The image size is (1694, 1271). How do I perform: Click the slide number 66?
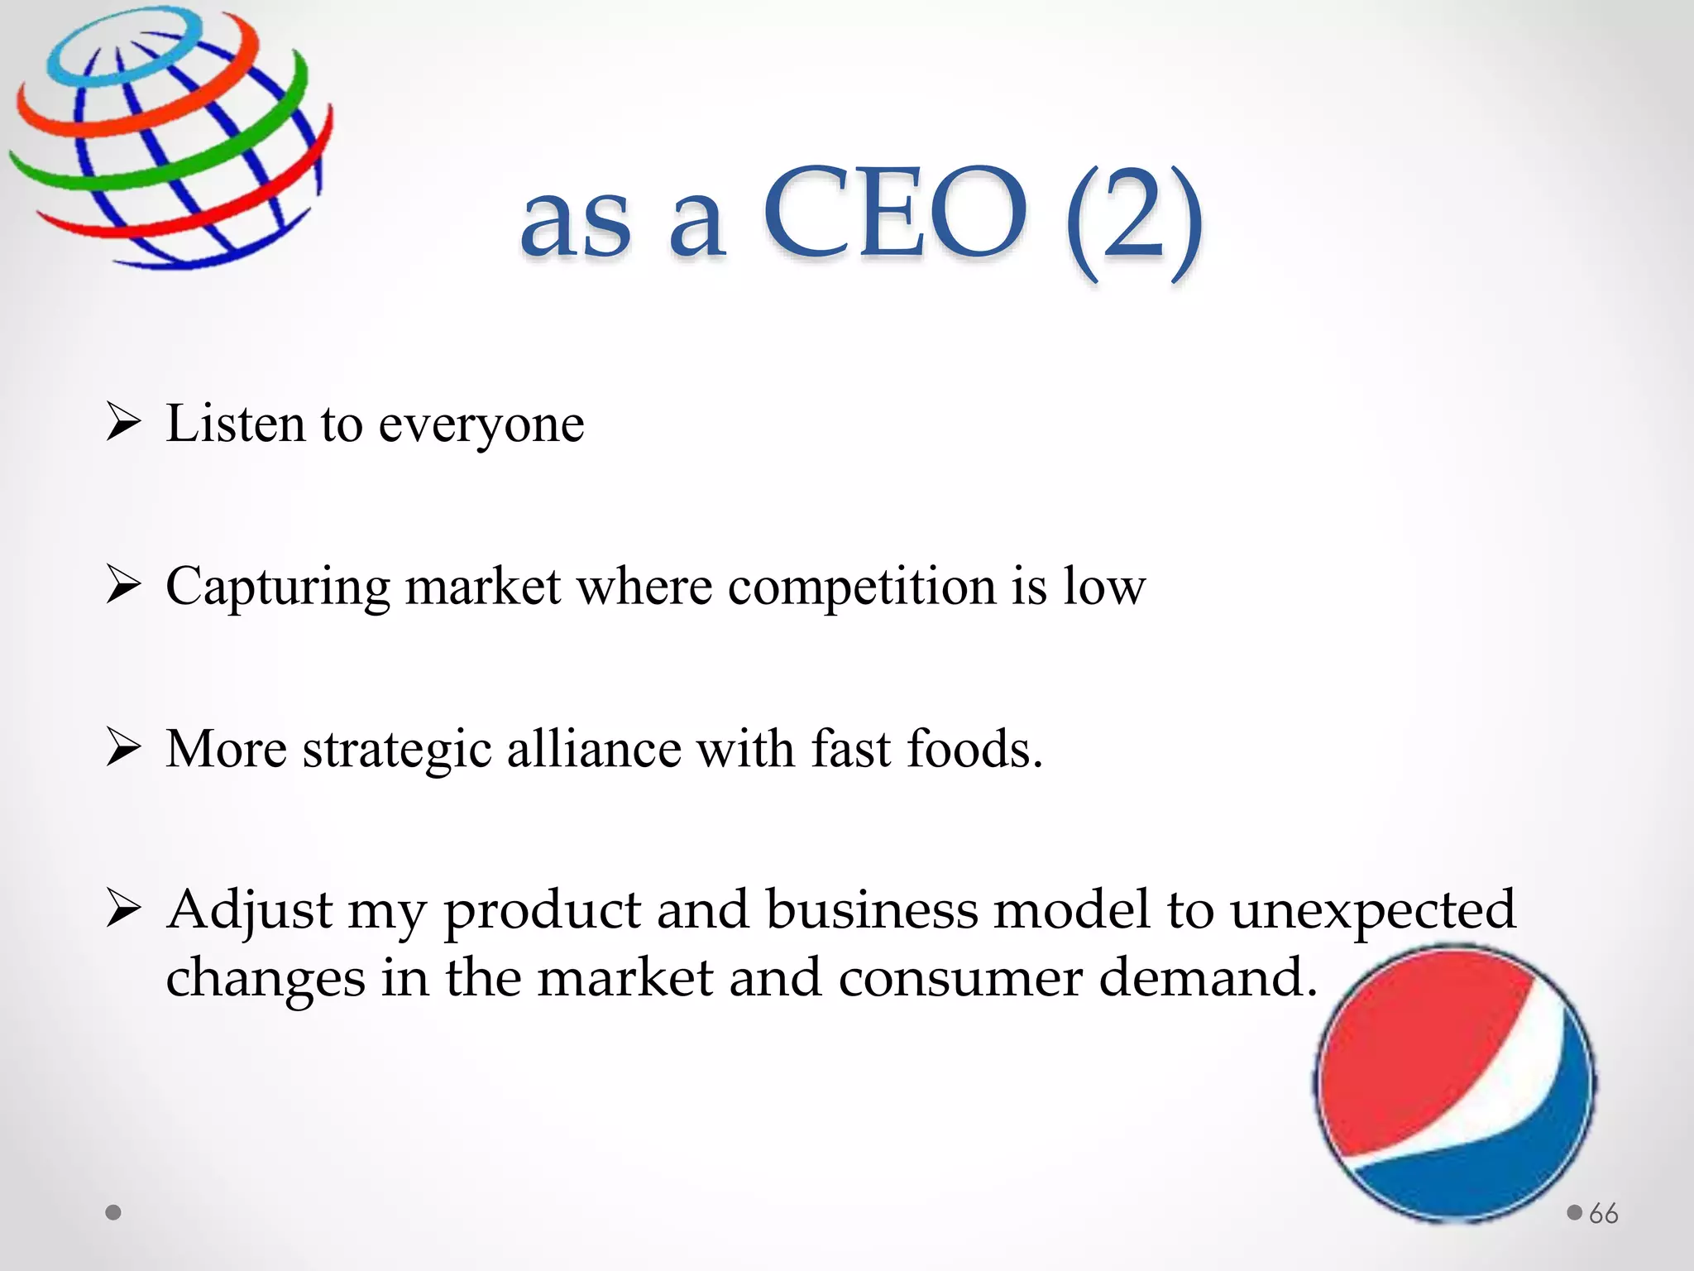point(1603,1214)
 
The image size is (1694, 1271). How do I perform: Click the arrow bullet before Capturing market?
point(124,586)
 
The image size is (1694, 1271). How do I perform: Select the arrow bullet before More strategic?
point(124,748)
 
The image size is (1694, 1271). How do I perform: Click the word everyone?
point(481,425)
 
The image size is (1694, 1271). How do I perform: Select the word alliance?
point(594,749)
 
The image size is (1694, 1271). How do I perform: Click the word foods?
point(974,749)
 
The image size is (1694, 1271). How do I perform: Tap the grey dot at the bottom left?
point(114,1212)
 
